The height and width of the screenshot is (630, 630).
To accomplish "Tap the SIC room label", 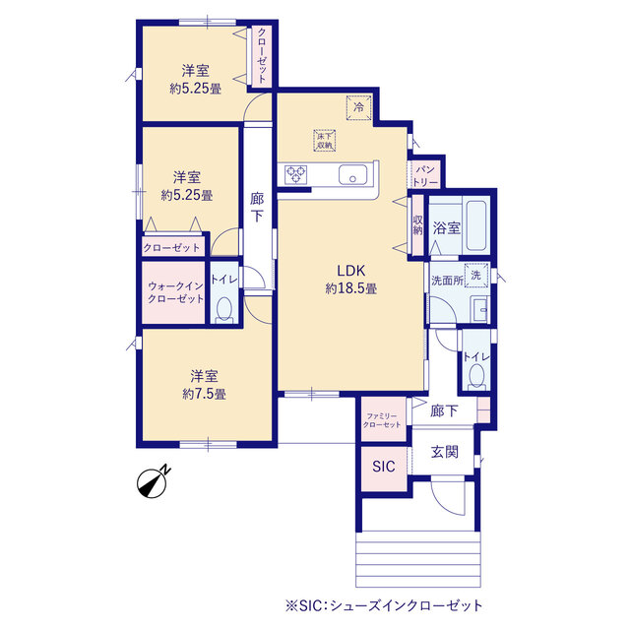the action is tap(384, 466).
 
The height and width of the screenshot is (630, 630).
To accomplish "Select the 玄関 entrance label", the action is tap(444, 452).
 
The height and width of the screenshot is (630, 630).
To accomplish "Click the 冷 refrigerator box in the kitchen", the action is tap(358, 107).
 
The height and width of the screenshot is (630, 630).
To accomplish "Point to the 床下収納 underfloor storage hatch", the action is tap(325, 140).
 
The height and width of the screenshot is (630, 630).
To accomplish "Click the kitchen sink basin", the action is tap(352, 175).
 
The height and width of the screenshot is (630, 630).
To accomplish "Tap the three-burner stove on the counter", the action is tap(296, 175).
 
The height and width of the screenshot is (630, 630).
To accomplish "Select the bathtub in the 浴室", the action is tap(474, 225).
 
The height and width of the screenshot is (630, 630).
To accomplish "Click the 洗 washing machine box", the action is tap(476, 276).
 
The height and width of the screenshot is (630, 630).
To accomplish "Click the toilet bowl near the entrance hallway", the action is tap(476, 377).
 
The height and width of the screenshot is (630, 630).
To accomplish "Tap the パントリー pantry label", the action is tap(425, 175).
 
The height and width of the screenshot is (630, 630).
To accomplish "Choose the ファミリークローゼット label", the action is tap(382, 420).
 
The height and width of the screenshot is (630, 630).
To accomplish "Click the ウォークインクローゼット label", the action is tap(175, 292).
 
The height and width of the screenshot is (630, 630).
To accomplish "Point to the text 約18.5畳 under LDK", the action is tap(350, 288).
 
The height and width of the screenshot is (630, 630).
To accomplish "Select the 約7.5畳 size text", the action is tap(204, 394).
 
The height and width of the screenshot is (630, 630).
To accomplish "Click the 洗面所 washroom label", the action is tap(447, 280).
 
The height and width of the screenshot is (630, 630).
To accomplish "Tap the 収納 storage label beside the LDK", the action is tap(417, 225).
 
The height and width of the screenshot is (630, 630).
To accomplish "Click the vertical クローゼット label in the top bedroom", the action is tap(262, 55).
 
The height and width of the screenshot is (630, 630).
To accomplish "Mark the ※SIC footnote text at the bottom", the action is tap(384, 605).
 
